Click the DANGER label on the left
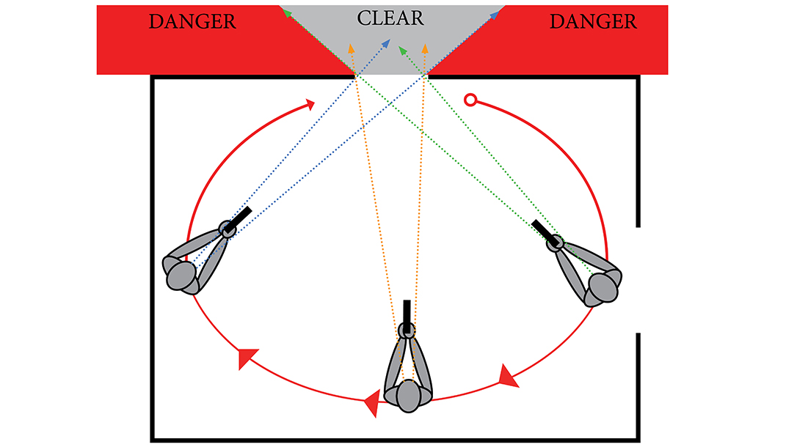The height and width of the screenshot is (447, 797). tap(192, 21)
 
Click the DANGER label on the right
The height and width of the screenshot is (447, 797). tap(593, 21)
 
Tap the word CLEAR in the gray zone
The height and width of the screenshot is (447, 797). tap(390, 18)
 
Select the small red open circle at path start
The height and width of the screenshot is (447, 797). tap(470, 100)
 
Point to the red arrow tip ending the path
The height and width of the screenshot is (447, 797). tap(312, 104)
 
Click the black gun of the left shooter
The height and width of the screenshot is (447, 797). tap(238, 219)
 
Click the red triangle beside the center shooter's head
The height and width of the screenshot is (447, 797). tap(372, 401)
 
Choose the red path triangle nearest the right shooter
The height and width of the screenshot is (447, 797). tap(509, 376)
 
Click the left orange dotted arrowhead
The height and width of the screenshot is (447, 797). tap(351, 48)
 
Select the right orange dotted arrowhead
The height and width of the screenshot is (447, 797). tap(425, 48)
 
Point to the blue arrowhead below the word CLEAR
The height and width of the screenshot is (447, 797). tap(386, 45)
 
